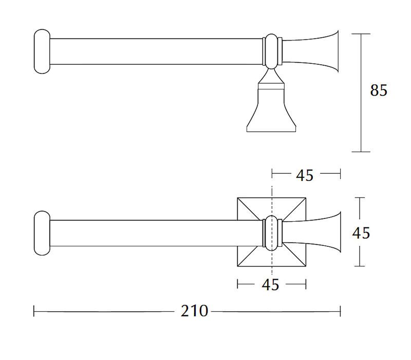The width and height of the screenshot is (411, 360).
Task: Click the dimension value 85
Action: pyautogui.click(x=379, y=90)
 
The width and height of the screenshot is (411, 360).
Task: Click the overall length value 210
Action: pyautogui.click(x=194, y=311)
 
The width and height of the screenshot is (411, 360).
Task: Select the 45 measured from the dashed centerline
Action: pyautogui.click(x=305, y=175)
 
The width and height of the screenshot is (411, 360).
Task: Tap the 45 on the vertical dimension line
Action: pyautogui.click(x=361, y=232)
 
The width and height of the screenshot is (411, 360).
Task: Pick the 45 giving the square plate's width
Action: pyautogui.click(x=270, y=284)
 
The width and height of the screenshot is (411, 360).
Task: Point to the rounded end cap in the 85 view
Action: pyautogui.click(x=42, y=51)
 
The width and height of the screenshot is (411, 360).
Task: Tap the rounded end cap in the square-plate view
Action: pyautogui.click(x=42, y=232)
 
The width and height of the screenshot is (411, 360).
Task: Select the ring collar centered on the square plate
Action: pyautogui.click(x=272, y=232)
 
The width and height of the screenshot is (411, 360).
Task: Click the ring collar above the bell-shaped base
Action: pyautogui.click(x=272, y=51)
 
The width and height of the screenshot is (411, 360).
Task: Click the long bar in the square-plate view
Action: pyautogui.click(x=154, y=232)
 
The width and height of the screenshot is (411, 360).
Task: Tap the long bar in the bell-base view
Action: pyautogui.click(x=154, y=51)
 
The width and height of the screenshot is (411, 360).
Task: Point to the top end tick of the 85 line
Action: pyautogui.click(x=361, y=34)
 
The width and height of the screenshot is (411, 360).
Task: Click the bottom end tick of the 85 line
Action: pyautogui.click(x=361, y=152)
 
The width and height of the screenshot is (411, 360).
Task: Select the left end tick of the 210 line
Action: pyautogui.click(x=34, y=311)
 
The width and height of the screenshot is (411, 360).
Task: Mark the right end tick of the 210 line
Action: pyautogui.click(x=340, y=311)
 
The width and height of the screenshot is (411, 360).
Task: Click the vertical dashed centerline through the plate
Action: pyautogui.click(x=272, y=190)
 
